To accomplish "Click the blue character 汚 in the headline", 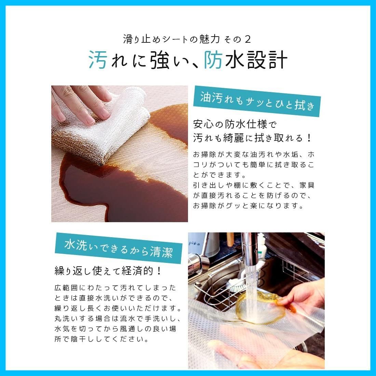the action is (98, 60).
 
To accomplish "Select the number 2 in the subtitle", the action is (247, 39).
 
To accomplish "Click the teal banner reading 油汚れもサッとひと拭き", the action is (257, 101).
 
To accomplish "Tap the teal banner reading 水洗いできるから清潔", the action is (119, 248).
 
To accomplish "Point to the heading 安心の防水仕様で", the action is (235, 124).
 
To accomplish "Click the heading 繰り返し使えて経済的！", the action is (108, 271).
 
